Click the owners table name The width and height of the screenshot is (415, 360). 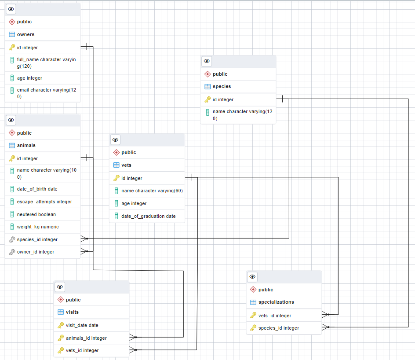[x=25, y=34]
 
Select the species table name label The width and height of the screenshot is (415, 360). [x=222, y=86]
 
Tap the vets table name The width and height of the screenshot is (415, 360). [x=126, y=165]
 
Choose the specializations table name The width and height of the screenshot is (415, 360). [x=276, y=302]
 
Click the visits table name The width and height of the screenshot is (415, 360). [x=72, y=312]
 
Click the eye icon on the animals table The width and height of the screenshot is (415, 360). [x=11, y=120]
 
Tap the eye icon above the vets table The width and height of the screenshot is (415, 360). [x=115, y=140]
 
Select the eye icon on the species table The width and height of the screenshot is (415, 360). [x=207, y=61]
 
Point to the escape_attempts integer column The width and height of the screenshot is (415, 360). [x=44, y=202]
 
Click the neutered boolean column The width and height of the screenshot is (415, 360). [x=36, y=214]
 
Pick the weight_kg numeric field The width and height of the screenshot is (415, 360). [x=38, y=227]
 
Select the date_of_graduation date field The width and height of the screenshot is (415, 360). [x=149, y=216]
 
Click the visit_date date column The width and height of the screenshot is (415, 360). [x=82, y=325]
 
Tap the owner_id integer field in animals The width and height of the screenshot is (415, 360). [x=36, y=252]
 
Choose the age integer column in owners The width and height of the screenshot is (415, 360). [x=29, y=78]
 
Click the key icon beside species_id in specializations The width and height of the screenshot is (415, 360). [x=253, y=328]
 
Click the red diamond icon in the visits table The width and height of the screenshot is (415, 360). [x=61, y=300]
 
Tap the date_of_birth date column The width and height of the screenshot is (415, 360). [x=37, y=189]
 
